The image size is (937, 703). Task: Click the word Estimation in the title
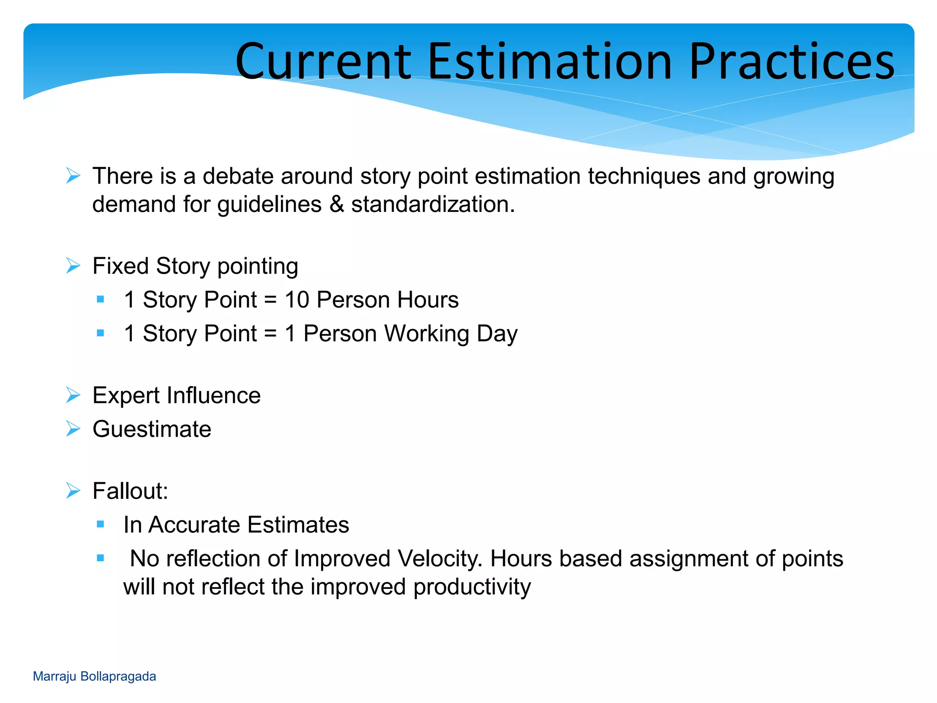(549, 62)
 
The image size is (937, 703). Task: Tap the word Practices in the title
(792, 62)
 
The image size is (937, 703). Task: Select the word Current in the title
(323, 62)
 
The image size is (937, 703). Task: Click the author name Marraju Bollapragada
(94, 676)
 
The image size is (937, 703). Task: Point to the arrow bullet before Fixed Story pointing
(73, 265)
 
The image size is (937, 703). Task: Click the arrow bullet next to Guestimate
(73, 429)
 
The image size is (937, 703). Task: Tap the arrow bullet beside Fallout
(73, 491)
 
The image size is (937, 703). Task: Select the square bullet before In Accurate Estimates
(101, 524)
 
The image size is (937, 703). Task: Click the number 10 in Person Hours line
(297, 300)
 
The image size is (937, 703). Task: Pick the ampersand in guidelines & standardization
(336, 204)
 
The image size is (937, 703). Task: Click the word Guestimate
(151, 429)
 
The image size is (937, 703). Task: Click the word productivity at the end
(472, 587)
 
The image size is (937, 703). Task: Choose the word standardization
(433, 204)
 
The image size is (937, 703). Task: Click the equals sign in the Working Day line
(270, 334)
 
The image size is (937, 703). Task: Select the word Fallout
(130, 491)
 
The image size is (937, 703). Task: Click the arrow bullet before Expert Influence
(73, 395)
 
